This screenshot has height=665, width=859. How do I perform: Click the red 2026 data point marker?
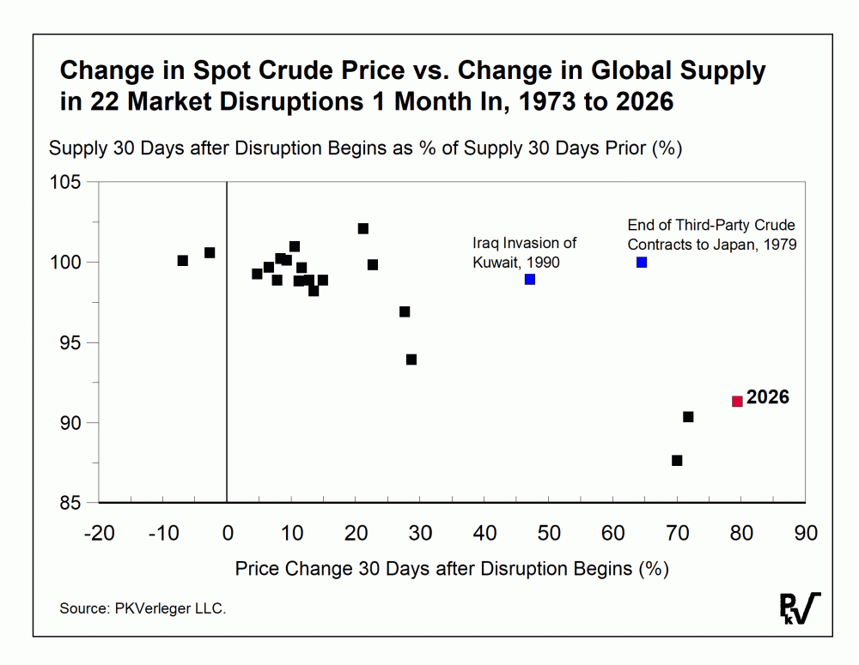[737, 401]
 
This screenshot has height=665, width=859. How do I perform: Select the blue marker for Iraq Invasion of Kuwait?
[530, 279]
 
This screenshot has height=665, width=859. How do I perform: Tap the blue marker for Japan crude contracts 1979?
[642, 262]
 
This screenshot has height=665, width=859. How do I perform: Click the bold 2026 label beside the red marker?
[767, 398]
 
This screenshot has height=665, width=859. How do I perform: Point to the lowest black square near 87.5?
[677, 461]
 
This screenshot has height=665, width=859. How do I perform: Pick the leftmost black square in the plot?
[182, 260]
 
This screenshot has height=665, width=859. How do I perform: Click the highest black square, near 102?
[363, 228]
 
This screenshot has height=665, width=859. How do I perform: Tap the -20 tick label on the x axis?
[99, 533]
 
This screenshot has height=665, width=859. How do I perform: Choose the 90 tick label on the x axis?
[806, 533]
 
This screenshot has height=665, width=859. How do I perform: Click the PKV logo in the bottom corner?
[799, 608]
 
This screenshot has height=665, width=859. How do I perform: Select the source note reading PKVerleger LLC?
[143, 608]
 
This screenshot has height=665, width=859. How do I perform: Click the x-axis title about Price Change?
[452, 568]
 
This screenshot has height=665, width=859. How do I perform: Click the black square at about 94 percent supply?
[411, 360]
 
